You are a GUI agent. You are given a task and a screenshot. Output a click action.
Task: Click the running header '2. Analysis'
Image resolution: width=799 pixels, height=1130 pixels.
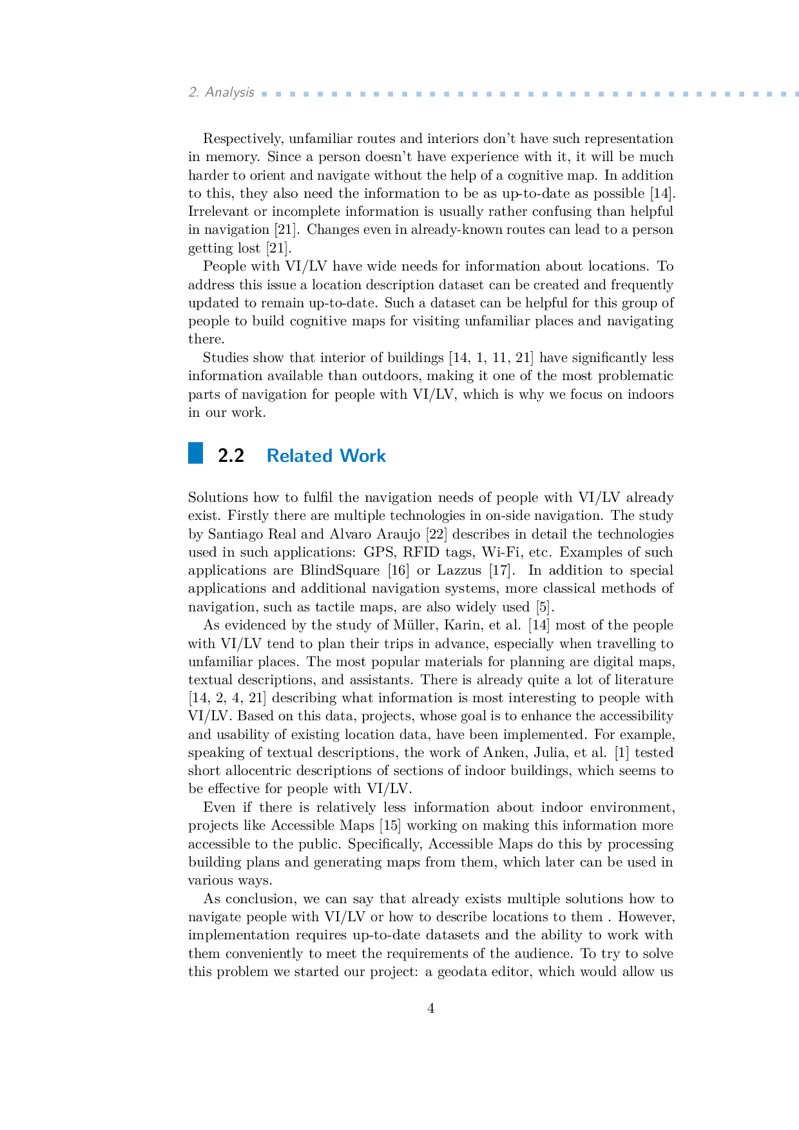point(221,93)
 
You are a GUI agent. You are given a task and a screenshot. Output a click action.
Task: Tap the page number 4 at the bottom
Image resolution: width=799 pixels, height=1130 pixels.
point(431,1009)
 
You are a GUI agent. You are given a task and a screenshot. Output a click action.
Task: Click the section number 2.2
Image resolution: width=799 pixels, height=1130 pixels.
point(231,456)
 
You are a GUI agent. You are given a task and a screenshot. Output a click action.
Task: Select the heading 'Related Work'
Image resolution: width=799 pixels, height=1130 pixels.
point(326,456)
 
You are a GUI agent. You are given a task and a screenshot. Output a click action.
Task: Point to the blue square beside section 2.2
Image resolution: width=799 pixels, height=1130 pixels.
point(195,453)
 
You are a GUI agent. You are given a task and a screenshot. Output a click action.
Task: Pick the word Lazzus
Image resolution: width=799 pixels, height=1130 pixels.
point(459,571)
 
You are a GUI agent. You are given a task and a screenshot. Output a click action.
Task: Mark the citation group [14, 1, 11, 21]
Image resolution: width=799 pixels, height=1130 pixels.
point(490,358)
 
